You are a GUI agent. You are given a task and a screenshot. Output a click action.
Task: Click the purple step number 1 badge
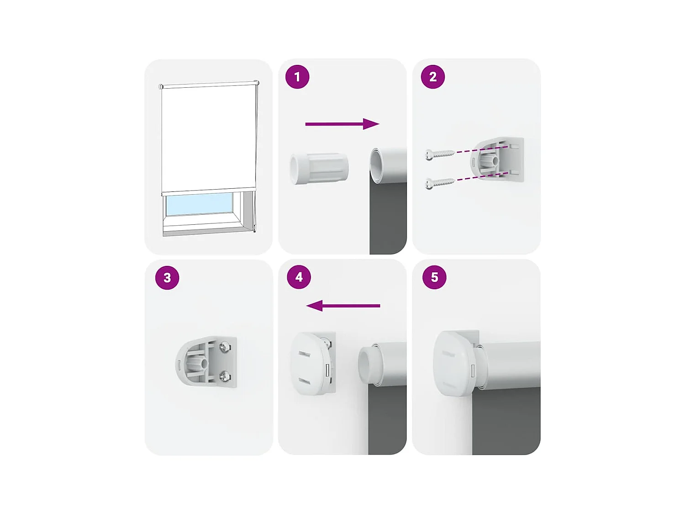(x=297, y=77)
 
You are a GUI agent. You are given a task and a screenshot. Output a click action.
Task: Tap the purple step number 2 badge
(x=433, y=77)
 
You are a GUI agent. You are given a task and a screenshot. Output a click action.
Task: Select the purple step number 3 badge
(x=167, y=277)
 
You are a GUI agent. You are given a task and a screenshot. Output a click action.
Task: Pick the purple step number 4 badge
(x=299, y=277)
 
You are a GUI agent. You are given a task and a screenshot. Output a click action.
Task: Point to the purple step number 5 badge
(x=434, y=277)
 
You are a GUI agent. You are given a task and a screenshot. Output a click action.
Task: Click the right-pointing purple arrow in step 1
(x=342, y=124)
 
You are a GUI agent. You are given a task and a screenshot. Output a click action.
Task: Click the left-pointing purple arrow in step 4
(x=343, y=306)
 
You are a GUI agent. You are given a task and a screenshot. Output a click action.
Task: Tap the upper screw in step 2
(x=439, y=154)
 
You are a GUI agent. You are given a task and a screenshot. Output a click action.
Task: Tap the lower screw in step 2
(x=439, y=183)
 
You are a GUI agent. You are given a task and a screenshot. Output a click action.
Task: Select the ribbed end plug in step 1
(x=319, y=168)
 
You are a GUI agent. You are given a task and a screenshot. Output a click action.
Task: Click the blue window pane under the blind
(x=199, y=204)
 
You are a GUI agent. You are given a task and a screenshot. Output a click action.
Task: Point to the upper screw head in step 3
(x=225, y=346)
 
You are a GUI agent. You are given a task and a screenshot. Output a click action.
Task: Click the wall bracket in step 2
(x=496, y=159)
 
